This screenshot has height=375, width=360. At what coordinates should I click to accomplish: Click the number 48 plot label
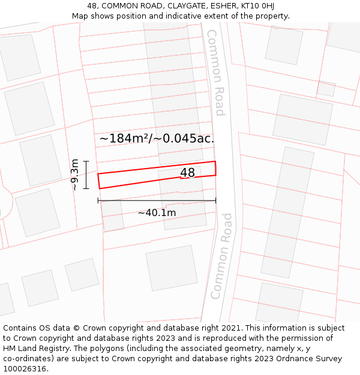click(187, 173)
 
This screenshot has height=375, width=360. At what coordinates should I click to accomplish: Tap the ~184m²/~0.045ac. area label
click(157, 139)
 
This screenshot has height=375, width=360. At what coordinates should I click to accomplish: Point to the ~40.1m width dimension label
click(157, 213)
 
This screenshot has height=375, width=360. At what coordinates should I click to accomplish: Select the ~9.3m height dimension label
click(74, 175)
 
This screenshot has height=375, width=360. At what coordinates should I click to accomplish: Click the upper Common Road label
click(215, 72)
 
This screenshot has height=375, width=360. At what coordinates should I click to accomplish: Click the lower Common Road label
click(221, 256)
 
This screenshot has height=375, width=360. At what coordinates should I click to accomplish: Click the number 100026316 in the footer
click(25, 369)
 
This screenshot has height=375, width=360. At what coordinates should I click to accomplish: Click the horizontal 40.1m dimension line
click(157, 201)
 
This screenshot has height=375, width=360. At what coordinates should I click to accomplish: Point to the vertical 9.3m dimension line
click(86, 175)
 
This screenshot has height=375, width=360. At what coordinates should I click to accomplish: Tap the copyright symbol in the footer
click(76, 328)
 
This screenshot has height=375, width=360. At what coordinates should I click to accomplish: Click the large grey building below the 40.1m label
click(172, 267)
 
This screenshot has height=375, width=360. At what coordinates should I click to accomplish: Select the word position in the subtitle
click(132, 16)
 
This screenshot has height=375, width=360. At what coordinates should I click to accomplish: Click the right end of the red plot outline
click(215, 168)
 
